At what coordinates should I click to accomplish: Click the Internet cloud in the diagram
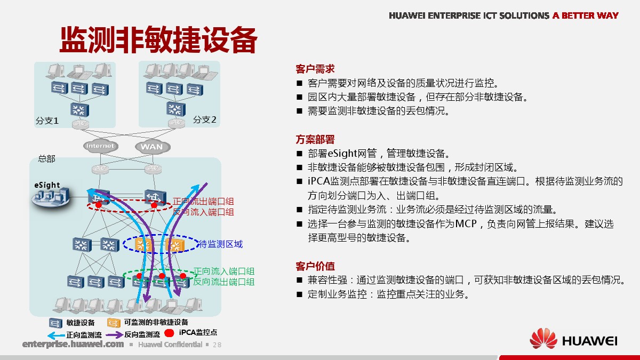tap(101, 146)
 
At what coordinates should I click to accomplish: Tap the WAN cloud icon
tap(153, 147)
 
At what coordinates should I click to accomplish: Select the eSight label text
tap(47, 185)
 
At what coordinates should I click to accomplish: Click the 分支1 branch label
tap(47, 121)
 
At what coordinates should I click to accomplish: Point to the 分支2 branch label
tap(205, 119)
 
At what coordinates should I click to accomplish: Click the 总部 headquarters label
tap(46, 158)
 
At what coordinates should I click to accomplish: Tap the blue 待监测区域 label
tap(220, 244)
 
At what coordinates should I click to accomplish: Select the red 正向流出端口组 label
tap(203, 202)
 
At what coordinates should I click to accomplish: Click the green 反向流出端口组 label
tap(224, 282)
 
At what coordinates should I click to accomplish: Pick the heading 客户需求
tap(315, 69)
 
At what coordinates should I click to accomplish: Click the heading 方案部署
tap(315, 139)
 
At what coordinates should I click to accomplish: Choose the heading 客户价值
tap(315, 266)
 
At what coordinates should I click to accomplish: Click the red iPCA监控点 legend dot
tap(170, 333)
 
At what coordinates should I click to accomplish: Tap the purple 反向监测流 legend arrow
tap(114, 334)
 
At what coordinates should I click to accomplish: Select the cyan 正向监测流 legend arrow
tap(56, 335)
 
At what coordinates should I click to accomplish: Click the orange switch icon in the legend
tap(114, 323)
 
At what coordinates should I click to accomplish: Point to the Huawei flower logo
tap(543, 339)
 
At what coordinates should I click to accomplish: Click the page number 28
tap(217, 345)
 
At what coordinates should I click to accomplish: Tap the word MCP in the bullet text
tap(466, 223)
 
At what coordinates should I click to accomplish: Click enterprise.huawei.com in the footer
tap(73, 344)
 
